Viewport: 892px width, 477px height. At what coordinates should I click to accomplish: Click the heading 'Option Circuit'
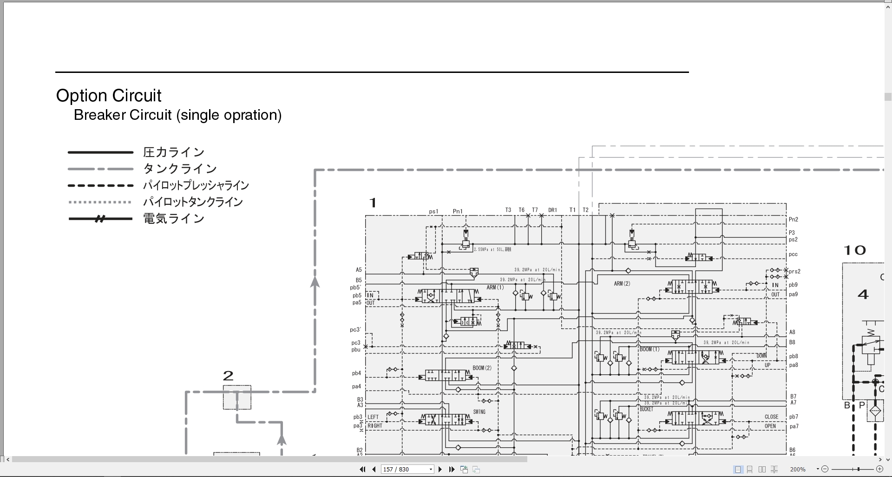pos(109,96)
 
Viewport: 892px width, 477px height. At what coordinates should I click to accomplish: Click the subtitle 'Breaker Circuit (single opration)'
pos(177,115)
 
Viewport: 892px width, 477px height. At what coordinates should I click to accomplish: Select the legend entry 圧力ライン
pos(174,152)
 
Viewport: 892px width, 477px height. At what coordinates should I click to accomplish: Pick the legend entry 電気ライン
pos(174,218)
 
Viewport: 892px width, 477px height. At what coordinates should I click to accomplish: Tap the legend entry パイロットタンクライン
pos(193,202)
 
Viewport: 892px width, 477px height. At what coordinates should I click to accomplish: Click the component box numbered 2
pos(237,397)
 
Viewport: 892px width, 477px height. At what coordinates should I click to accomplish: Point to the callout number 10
pos(854,251)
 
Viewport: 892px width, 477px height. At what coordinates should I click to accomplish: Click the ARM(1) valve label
pos(495,288)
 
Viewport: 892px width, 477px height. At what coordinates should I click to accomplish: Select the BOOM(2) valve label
pos(482,368)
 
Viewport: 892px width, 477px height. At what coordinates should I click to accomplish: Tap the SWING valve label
pos(479,412)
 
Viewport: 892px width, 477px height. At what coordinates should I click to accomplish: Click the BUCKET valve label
pos(646,409)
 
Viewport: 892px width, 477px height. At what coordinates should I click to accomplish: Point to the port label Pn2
pos(793,220)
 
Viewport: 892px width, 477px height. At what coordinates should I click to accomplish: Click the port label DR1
pos(552,210)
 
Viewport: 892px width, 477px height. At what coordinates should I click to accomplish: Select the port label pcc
pos(793,255)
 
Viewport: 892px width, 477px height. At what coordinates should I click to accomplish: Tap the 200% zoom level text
pos(798,470)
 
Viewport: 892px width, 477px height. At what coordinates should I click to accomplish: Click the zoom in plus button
pos(879,470)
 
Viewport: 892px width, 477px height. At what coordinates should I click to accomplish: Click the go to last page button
pos(452,470)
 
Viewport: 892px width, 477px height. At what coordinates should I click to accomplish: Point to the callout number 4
pos(863,294)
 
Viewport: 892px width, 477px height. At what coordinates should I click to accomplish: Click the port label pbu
pos(355,350)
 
